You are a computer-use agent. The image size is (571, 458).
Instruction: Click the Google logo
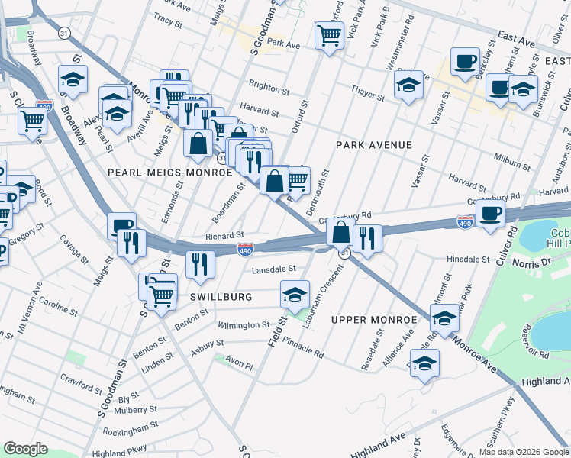[25, 449]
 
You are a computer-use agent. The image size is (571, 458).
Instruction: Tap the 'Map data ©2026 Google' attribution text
[524, 452]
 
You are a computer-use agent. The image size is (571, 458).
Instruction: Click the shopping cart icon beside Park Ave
[329, 34]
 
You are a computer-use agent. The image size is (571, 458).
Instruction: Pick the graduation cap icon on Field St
[295, 294]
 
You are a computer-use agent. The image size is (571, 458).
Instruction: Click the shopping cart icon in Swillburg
[161, 295]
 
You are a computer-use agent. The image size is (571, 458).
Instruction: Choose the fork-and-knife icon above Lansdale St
[200, 263]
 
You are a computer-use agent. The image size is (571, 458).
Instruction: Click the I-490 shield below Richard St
[245, 250]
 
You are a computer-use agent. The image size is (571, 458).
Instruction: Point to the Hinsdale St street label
[468, 260]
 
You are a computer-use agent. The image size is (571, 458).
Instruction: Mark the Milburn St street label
[512, 162]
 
